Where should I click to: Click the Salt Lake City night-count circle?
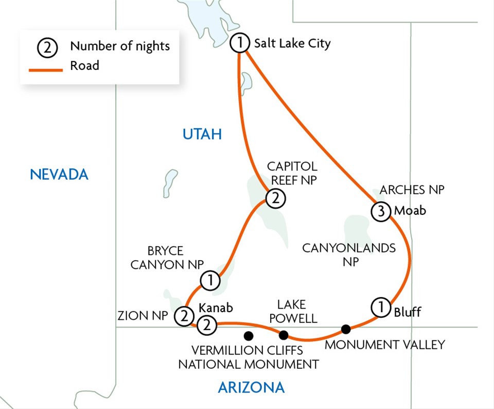click(240, 43)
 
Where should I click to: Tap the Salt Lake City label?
click(292, 43)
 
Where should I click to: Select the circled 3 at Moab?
click(380, 211)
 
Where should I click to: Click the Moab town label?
click(410, 211)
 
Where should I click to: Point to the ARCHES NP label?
click(412, 190)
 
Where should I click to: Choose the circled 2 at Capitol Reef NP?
click(275, 198)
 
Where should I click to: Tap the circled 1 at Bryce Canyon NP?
click(210, 281)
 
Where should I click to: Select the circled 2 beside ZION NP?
click(184, 316)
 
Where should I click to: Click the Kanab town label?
click(216, 308)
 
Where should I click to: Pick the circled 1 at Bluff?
click(379, 308)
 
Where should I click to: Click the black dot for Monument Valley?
click(346, 329)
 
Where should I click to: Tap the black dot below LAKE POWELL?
click(284, 335)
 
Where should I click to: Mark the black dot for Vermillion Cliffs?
click(249, 336)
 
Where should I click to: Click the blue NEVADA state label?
click(59, 175)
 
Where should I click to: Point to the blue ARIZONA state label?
click(251, 387)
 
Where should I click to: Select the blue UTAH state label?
click(202, 135)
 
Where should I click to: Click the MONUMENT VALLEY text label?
click(384, 345)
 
